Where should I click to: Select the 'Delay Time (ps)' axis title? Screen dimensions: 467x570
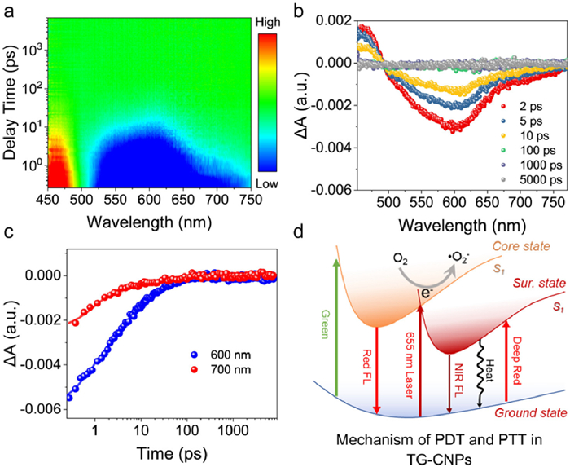[11, 104]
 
